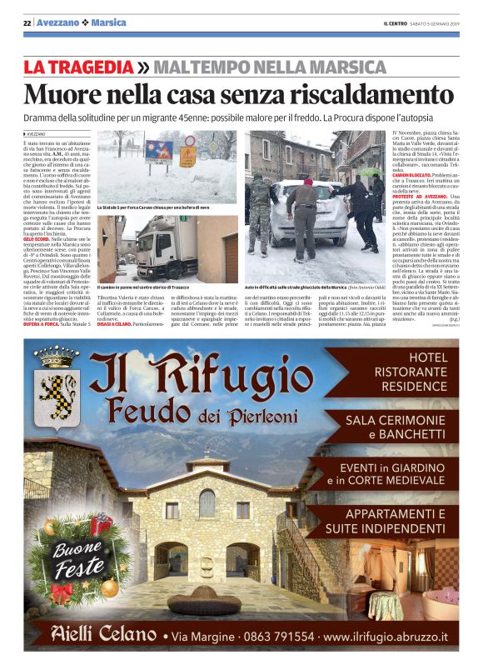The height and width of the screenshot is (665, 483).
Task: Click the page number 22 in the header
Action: (x=27, y=21)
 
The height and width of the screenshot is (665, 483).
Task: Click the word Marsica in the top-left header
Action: (x=109, y=21)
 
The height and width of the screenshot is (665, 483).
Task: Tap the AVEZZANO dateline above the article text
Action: (x=36, y=133)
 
